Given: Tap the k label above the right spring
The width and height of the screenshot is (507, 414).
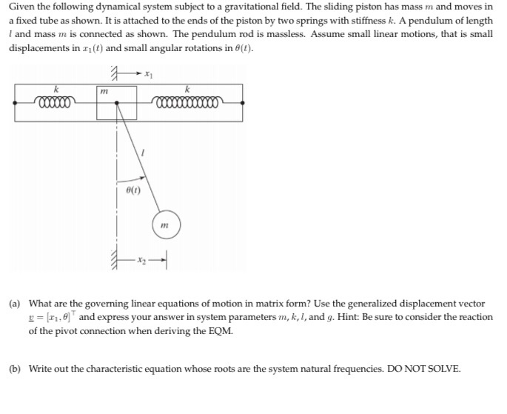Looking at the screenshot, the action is (187, 89).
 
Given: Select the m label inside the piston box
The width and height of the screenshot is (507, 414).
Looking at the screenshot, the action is (105, 91).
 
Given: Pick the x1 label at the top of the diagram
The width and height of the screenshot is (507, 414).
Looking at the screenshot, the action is (147, 74).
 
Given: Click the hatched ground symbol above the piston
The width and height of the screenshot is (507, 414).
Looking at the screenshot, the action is (115, 73).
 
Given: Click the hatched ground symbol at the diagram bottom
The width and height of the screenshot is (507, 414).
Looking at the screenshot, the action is (115, 259).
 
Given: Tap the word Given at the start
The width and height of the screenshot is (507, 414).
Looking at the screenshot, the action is (22, 7).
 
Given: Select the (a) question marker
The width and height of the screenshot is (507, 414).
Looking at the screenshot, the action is (14, 304).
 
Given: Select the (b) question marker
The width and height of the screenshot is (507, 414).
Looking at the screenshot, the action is (14, 368).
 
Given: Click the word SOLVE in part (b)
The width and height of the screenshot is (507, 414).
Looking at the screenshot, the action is (442, 368).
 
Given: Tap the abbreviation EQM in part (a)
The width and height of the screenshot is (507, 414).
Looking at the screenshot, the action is (220, 330).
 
